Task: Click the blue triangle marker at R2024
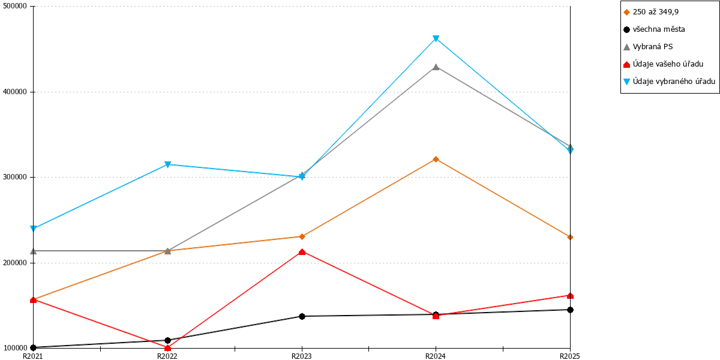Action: (x=436, y=38)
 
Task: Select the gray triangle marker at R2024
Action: (x=436, y=67)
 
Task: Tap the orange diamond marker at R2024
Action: (x=436, y=159)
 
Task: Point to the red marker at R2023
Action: (x=302, y=251)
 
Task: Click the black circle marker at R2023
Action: (x=302, y=316)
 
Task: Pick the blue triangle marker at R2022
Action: (x=167, y=164)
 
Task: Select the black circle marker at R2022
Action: (x=167, y=340)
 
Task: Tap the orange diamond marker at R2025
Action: (x=570, y=237)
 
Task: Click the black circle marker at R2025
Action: (x=570, y=310)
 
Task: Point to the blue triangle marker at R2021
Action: (x=33, y=229)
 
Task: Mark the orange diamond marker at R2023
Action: (x=302, y=236)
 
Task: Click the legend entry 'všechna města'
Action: (x=654, y=29)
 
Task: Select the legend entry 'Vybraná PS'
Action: (x=648, y=47)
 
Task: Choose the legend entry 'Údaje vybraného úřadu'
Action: (x=669, y=82)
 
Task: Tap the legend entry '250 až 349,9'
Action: (x=651, y=12)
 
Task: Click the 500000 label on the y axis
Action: (x=15, y=6)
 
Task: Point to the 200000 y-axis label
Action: (x=15, y=263)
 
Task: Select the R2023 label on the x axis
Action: (x=301, y=356)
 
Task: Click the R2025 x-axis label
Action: (x=570, y=356)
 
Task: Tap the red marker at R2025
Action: (x=570, y=295)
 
